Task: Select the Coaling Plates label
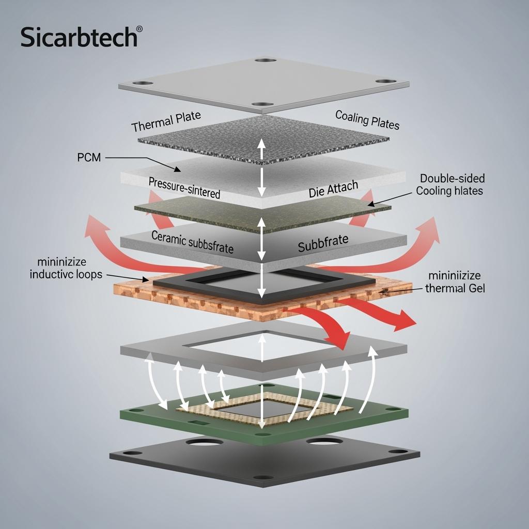click(x=367, y=120)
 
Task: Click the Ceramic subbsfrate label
click(x=192, y=242)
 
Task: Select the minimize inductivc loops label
click(x=66, y=268)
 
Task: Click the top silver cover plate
click(x=263, y=85)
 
